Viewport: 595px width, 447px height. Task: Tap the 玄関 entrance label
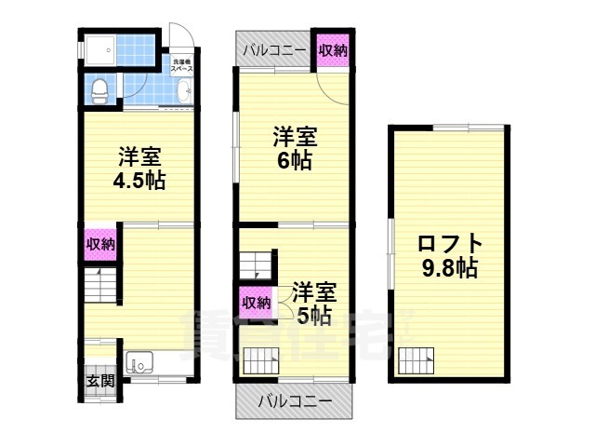click(x=99, y=380)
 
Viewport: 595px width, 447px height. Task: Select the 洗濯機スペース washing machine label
click(x=181, y=67)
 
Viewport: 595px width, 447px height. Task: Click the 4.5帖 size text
click(x=139, y=180)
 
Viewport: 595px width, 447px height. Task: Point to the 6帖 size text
click(x=296, y=158)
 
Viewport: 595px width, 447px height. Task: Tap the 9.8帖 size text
click(x=448, y=269)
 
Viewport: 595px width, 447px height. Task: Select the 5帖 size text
click(x=314, y=316)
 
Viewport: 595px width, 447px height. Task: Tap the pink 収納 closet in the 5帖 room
click(x=257, y=303)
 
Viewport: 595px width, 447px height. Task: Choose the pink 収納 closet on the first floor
click(x=100, y=245)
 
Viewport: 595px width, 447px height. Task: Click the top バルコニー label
click(x=276, y=50)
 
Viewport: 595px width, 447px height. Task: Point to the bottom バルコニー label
click(x=295, y=402)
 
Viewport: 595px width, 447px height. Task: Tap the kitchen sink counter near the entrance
click(x=139, y=363)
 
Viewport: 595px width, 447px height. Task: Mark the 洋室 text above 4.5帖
click(x=139, y=156)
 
